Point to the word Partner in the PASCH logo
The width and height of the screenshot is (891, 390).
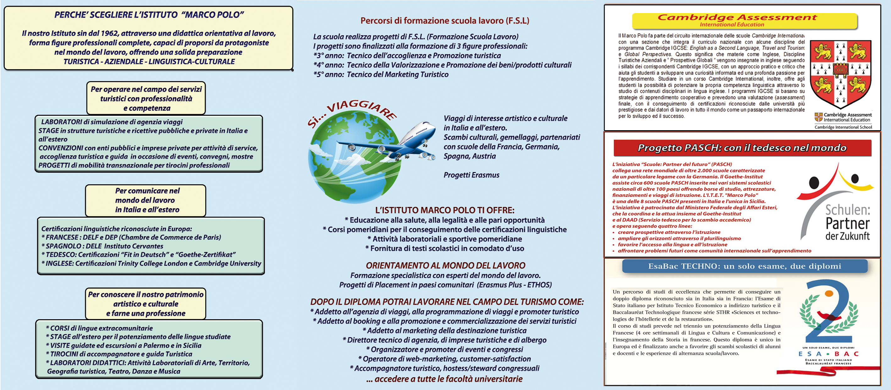click(847, 224)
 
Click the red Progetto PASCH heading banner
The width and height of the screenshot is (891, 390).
click(742, 148)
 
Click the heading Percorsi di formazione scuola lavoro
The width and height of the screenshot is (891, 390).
click(445, 21)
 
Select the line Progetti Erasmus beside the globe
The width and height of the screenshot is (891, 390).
click(471, 175)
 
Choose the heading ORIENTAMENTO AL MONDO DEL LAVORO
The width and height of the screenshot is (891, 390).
click(446, 265)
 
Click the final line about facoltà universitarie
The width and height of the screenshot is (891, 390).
click(444, 379)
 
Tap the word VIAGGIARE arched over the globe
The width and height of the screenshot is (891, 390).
click(361, 109)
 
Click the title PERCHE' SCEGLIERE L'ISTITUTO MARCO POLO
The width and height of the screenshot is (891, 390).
click(149, 15)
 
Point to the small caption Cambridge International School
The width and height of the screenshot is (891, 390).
click(843, 127)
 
